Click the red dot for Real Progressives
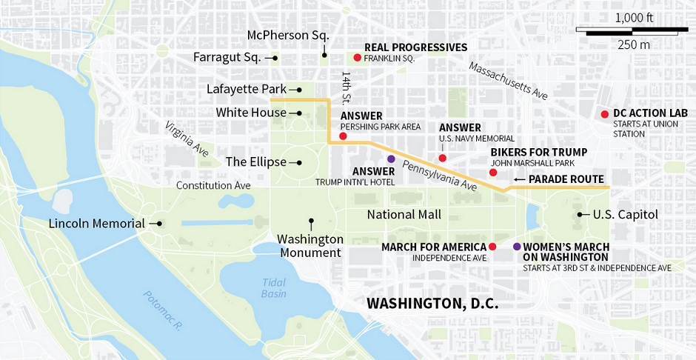[357, 57]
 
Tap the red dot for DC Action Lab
[605, 113]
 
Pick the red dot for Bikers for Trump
[493, 173]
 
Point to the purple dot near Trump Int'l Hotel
[391, 159]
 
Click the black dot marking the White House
[299, 113]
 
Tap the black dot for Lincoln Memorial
[159, 223]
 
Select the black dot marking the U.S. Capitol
[579, 215]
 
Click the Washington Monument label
[310, 245]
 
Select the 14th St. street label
[346, 88]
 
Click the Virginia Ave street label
[187, 139]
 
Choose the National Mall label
[404, 215]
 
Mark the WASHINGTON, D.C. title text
[432, 304]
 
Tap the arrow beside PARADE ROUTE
[520, 179]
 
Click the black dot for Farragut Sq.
[275, 57]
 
